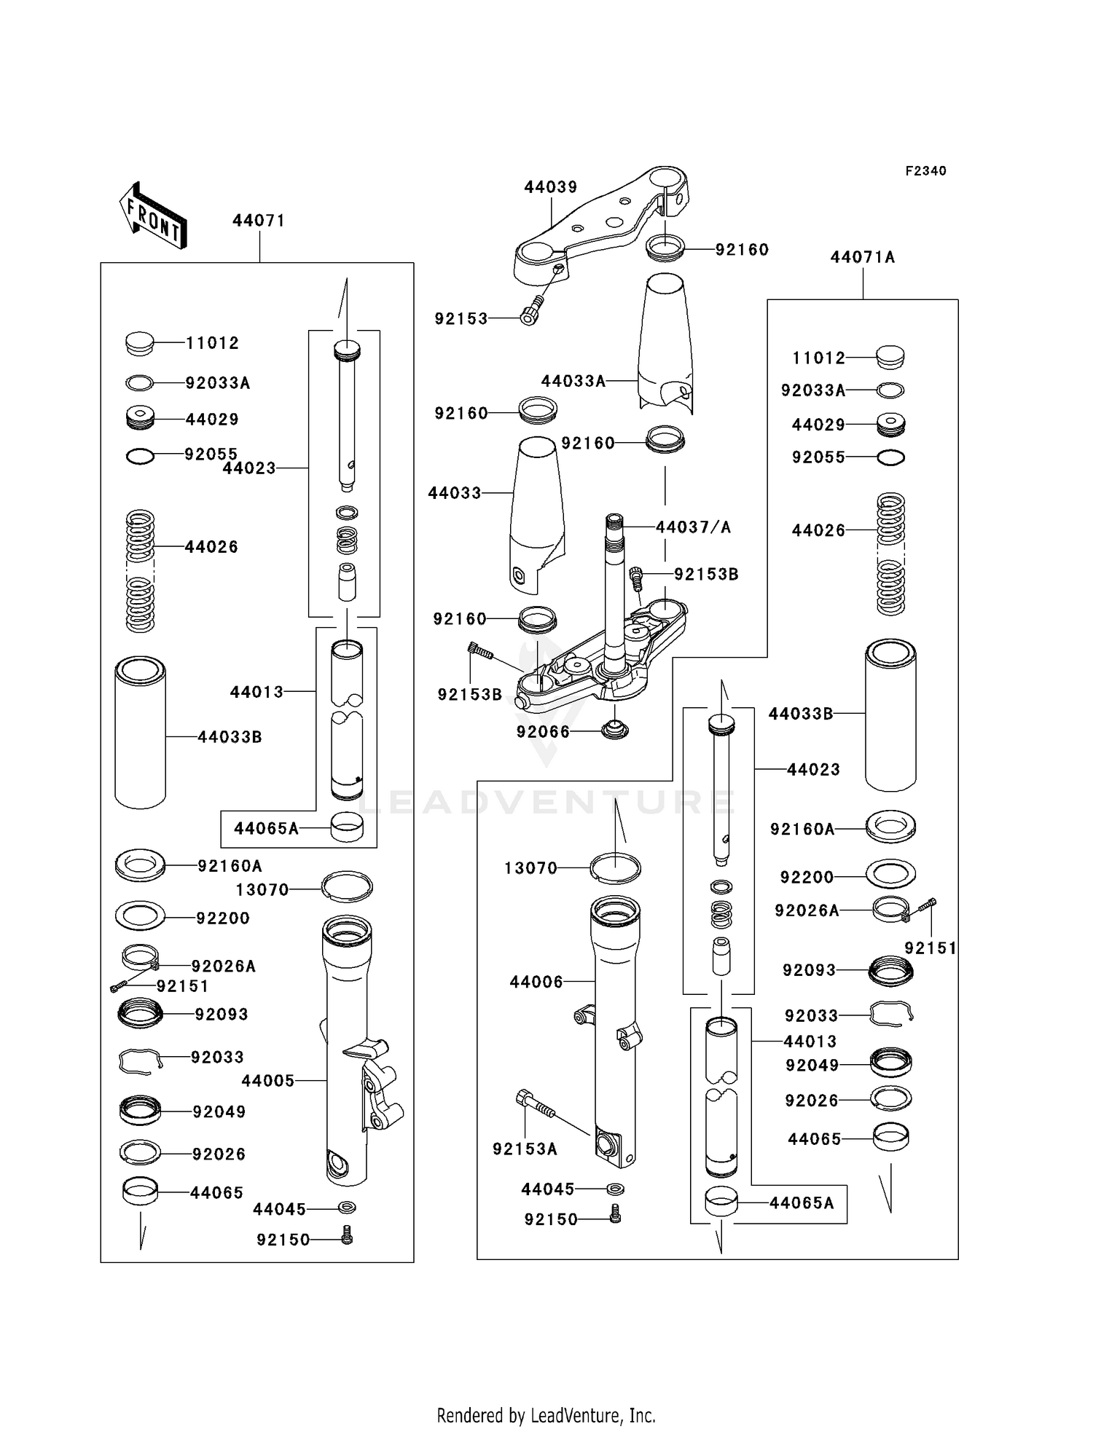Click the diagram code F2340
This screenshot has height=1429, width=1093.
(925, 171)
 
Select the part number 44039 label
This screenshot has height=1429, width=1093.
(550, 187)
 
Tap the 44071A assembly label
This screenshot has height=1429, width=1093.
(863, 257)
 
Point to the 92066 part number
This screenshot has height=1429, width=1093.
(543, 731)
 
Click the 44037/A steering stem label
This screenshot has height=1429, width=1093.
(693, 527)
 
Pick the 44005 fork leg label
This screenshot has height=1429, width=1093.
(268, 1081)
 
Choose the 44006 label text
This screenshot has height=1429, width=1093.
(536, 982)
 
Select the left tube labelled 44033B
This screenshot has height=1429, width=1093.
(141, 733)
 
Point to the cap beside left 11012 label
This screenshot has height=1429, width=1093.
(140, 343)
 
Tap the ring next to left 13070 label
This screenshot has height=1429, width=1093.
(347, 886)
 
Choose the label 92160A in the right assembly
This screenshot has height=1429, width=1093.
(802, 829)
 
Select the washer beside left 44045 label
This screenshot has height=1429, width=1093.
(347, 1208)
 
